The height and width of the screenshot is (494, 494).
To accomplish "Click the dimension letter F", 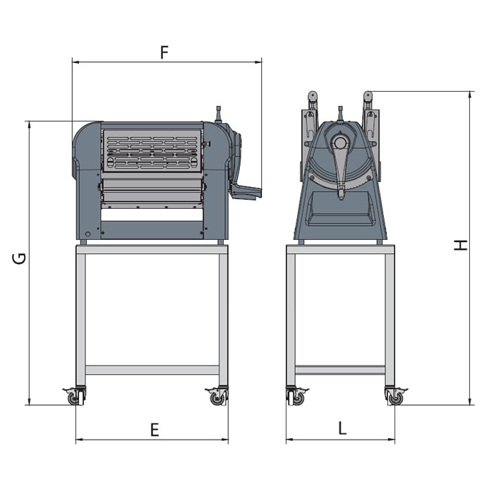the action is click(x=164, y=53).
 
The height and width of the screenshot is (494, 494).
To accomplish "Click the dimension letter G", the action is click(x=19, y=258).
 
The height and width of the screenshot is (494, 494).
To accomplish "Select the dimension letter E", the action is click(x=155, y=430).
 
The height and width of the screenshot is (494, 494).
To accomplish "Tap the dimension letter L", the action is click(x=342, y=428).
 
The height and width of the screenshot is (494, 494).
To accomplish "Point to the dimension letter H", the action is click(x=461, y=245).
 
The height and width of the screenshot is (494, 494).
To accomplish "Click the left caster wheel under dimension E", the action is click(x=74, y=399).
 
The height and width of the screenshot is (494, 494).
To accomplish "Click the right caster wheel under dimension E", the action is click(x=217, y=399).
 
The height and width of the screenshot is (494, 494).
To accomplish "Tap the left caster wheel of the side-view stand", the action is click(x=298, y=399).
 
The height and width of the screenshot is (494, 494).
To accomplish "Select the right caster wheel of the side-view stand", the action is click(x=396, y=399).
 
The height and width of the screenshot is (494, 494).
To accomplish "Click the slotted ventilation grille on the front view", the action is click(x=152, y=150).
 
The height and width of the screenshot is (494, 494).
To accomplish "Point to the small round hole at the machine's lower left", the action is click(x=88, y=234).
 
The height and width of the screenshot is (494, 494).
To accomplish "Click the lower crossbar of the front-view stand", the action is click(x=152, y=370).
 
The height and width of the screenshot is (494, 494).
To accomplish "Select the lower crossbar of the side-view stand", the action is click(x=340, y=370).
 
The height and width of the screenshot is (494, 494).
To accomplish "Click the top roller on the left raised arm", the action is click(x=312, y=95).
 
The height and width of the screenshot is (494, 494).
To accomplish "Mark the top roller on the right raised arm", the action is click(x=368, y=95).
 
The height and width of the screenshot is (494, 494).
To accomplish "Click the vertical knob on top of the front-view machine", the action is click(x=218, y=114).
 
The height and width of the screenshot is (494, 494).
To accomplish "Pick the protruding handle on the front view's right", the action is click(x=247, y=191).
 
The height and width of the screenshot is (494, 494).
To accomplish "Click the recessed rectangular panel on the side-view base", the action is click(x=340, y=208).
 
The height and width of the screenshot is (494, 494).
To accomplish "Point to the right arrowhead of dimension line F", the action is click(x=259, y=62).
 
